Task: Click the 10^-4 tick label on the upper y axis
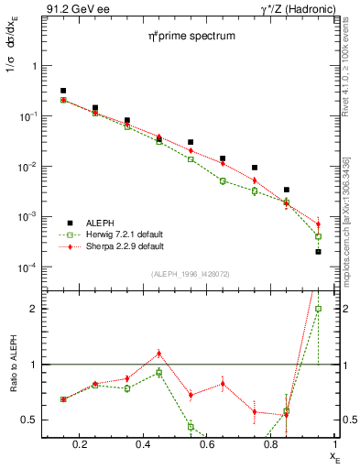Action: pos(27,267)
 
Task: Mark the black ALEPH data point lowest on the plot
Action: pos(319,251)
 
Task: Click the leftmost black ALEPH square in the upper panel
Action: pos(63,91)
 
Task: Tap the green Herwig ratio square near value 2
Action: pos(319,309)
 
